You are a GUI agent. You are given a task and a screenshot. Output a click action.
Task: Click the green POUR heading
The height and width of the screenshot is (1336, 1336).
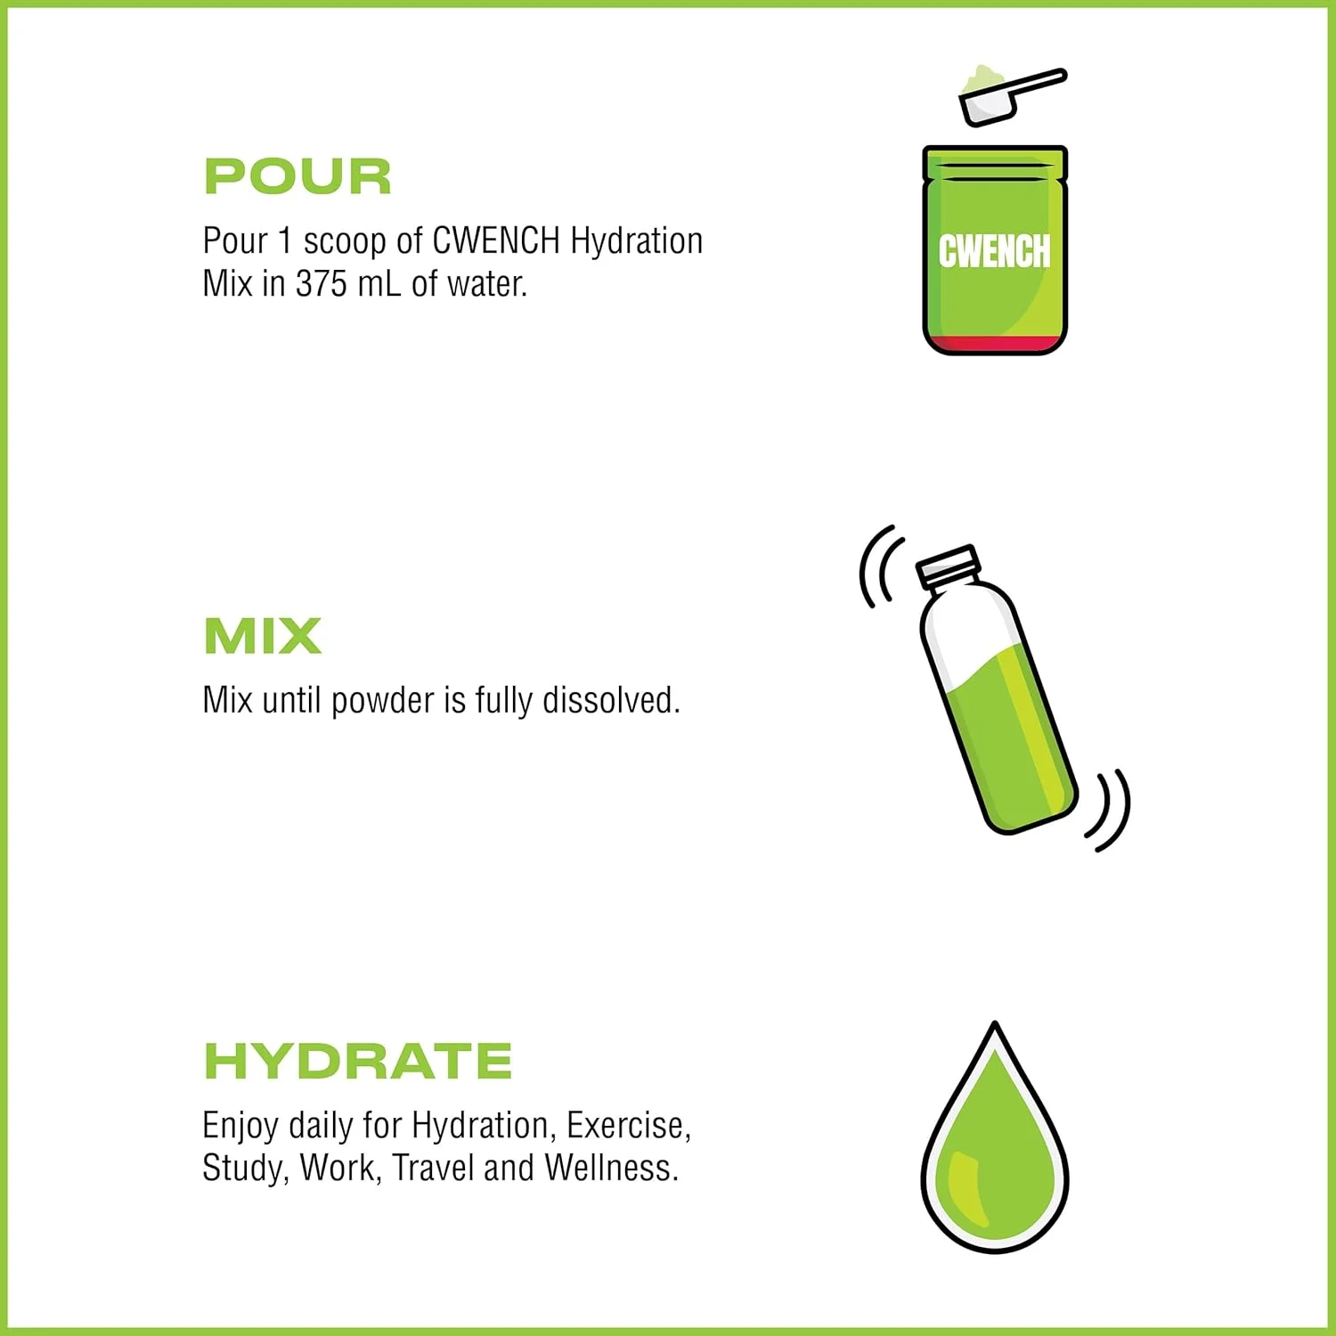click(x=297, y=176)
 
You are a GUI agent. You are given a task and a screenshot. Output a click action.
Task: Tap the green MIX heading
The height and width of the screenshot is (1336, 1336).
click(x=263, y=636)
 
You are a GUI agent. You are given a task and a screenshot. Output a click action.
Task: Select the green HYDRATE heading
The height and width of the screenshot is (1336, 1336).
click(x=358, y=1061)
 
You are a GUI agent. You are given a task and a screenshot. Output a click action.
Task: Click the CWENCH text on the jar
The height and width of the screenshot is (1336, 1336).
click(x=994, y=251)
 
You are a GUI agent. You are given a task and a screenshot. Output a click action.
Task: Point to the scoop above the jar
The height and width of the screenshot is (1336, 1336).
click(x=1011, y=94)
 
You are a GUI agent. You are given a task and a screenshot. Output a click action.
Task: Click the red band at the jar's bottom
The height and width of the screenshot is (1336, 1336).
click(x=995, y=344)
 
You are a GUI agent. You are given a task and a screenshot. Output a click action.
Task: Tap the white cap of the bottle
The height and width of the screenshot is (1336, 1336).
click(x=949, y=566)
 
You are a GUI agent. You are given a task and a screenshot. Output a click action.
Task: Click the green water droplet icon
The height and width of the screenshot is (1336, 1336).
click(x=995, y=1137)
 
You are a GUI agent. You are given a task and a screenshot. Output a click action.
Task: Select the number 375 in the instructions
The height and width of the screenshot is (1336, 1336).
click(x=321, y=284)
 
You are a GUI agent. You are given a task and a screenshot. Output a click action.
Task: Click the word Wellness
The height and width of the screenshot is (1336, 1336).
click(x=612, y=1168)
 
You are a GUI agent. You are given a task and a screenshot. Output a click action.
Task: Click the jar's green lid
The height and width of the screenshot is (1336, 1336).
click(x=995, y=166)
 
